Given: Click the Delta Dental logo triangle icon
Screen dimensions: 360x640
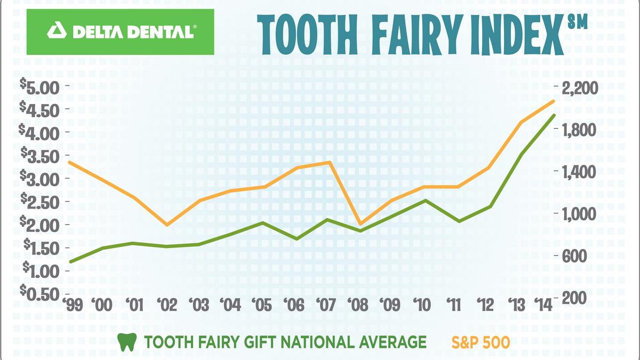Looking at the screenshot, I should [x=55, y=31].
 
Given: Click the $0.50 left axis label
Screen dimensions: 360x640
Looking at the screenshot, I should [x=42, y=293].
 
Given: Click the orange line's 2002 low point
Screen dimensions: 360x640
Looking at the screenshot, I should [x=167, y=225].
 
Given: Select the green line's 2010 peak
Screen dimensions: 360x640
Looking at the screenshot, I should [x=425, y=200].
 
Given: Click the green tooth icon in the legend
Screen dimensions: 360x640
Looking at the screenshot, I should [x=125, y=341].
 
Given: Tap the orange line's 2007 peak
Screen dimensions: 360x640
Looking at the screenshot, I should [x=330, y=162].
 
